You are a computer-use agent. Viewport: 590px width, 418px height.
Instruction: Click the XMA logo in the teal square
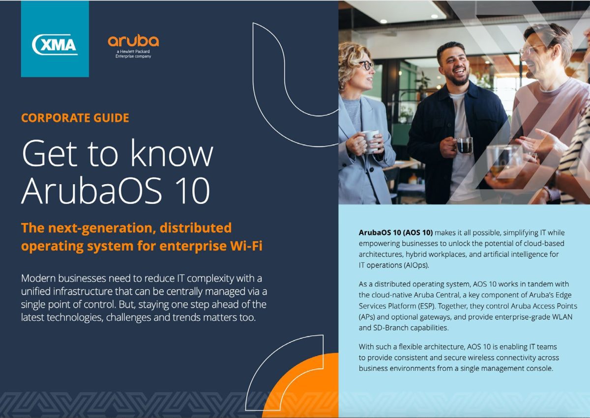[x=55, y=45]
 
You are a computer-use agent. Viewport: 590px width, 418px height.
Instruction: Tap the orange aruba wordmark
[x=133, y=41]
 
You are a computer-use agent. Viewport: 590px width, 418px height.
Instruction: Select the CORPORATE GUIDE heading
[x=75, y=117]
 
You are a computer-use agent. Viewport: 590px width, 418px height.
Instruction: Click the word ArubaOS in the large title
[x=91, y=191]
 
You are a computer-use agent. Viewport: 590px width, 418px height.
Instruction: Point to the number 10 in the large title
[x=192, y=191]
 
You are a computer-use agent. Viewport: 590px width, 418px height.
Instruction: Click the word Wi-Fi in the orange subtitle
[x=246, y=246]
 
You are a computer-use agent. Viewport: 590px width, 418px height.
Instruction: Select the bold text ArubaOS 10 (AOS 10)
[x=396, y=232]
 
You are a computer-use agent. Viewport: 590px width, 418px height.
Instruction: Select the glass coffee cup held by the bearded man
[x=464, y=145]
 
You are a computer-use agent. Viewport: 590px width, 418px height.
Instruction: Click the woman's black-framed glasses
[x=366, y=65]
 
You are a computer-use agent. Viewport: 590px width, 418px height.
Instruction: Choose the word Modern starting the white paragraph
[x=38, y=278]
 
